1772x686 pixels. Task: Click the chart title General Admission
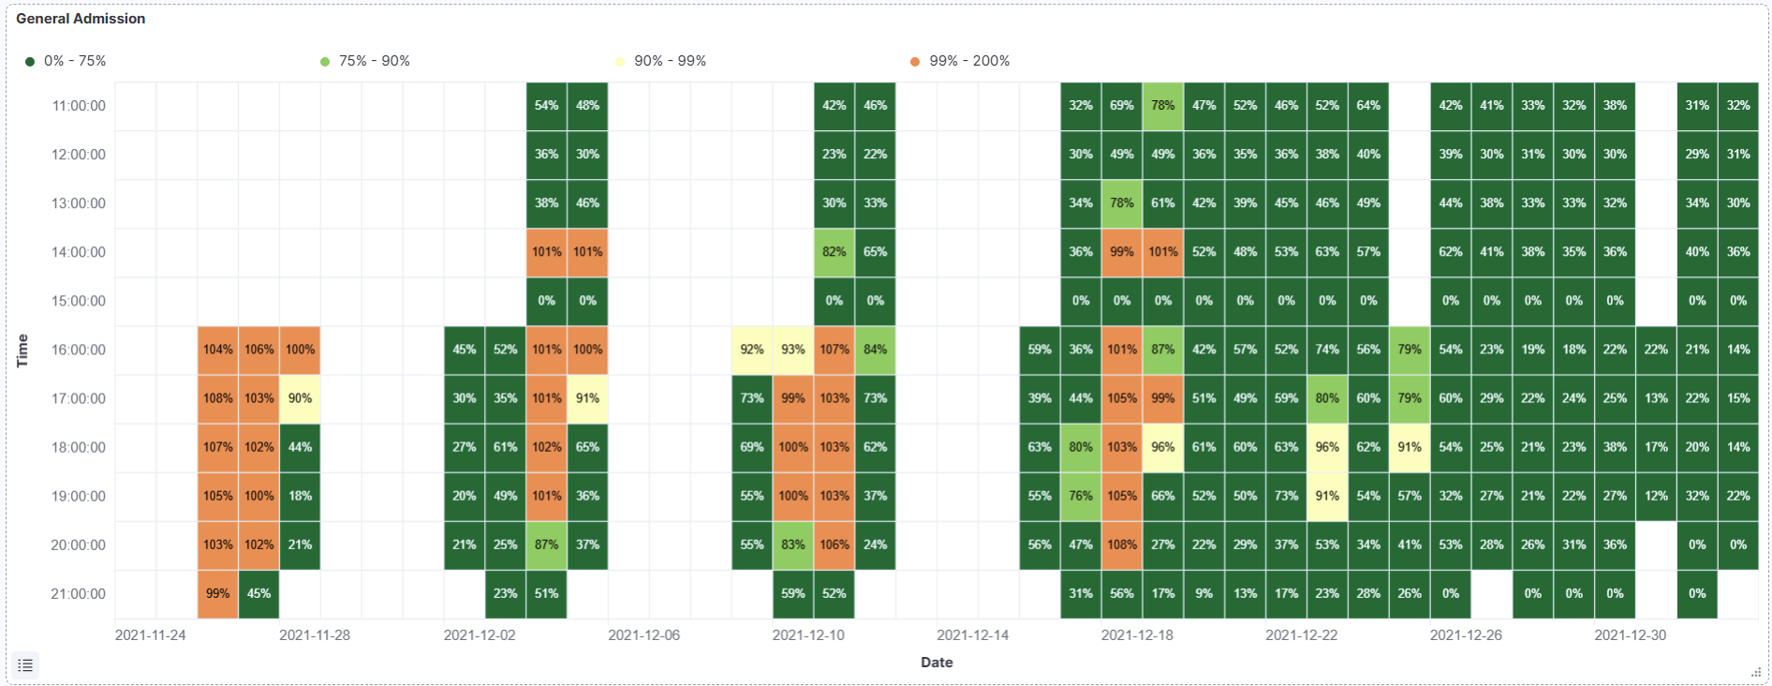[x=81, y=19]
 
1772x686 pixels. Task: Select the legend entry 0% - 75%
[x=66, y=61]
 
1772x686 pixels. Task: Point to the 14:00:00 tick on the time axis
[x=79, y=252]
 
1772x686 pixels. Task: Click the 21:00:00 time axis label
[x=79, y=593]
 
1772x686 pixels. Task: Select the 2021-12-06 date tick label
[x=643, y=635]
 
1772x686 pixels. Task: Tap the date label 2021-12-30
[x=1631, y=635]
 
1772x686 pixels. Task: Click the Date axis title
[x=937, y=663]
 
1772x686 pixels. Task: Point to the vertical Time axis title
[x=22, y=350]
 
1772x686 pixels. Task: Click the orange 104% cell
[x=218, y=350]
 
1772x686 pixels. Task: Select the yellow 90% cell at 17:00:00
[x=300, y=398]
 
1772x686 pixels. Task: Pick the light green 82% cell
[x=834, y=252]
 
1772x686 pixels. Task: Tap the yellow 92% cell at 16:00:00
[x=752, y=350]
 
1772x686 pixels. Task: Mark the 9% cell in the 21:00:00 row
[x=1203, y=593]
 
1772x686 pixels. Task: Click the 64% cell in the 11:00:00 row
[x=1368, y=106]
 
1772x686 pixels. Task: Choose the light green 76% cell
[x=1081, y=496]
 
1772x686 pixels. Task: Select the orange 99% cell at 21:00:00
[x=218, y=593]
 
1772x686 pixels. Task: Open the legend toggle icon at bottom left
[x=25, y=665]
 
